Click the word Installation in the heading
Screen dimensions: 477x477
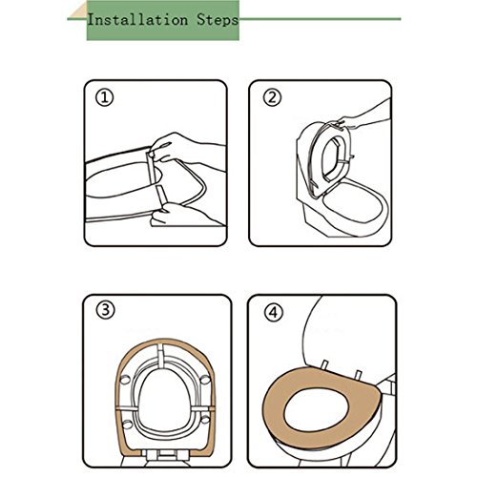pyautogui.click(x=137, y=20)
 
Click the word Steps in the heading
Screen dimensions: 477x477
pyautogui.click(x=218, y=20)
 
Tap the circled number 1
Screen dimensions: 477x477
pyautogui.click(x=104, y=98)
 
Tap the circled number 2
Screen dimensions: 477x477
pyautogui.click(x=272, y=97)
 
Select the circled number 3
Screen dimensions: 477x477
pyautogui.click(x=105, y=310)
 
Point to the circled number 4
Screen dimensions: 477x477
pyautogui.click(x=273, y=313)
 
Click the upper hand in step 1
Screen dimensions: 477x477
pyautogui.click(x=184, y=149)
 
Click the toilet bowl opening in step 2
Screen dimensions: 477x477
pyautogui.click(x=352, y=201)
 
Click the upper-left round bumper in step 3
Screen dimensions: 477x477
pyautogui.click(x=124, y=379)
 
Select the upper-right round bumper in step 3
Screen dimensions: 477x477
pyautogui.click(x=205, y=379)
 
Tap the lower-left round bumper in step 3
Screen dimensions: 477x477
pyautogui.click(x=127, y=424)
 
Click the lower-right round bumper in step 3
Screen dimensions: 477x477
pyautogui.click(x=205, y=420)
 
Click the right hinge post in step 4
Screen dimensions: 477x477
pyautogui.click(x=359, y=375)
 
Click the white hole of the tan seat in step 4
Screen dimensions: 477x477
pyautogui.click(x=317, y=408)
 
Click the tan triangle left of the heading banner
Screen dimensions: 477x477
pyautogui.click(x=79, y=12)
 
